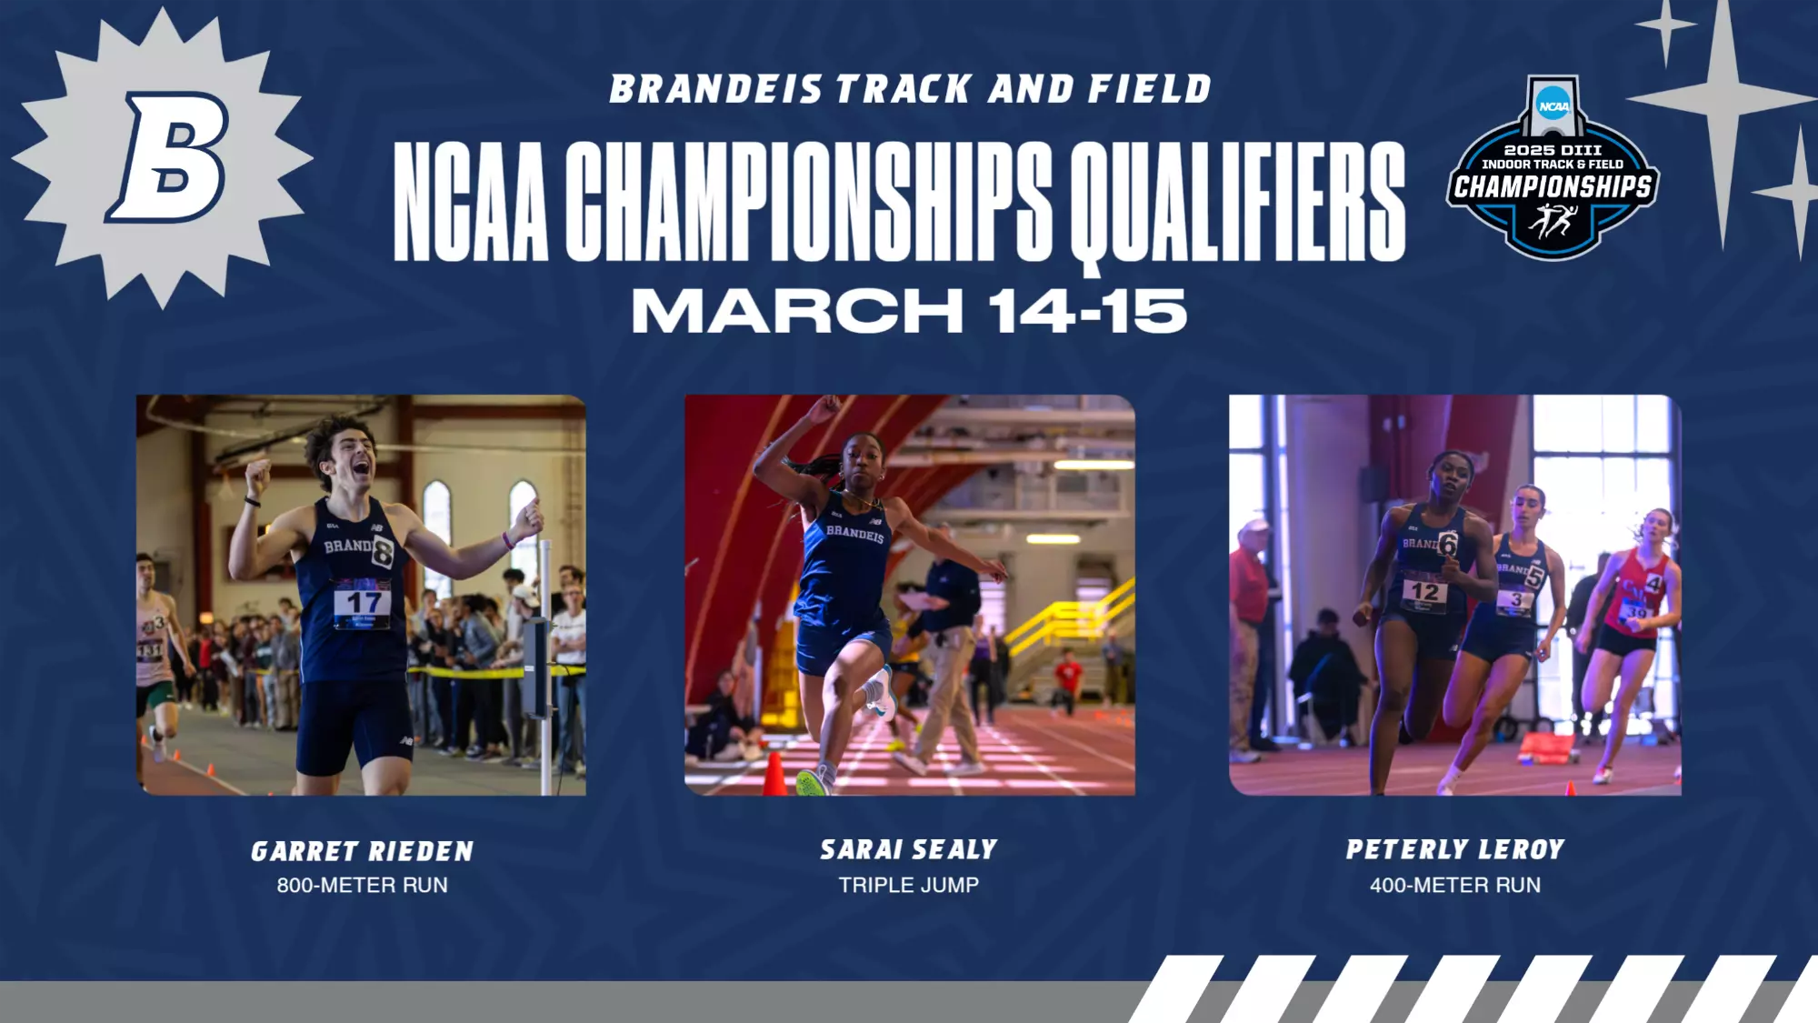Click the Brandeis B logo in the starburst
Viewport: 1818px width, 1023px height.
[x=168, y=157]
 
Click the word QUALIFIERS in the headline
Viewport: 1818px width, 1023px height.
[x=1238, y=202]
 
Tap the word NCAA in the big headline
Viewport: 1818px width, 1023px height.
[x=471, y=202]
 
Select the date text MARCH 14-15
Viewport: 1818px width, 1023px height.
[x=909, y=311]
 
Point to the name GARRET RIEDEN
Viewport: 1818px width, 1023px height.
[x=362, y=852]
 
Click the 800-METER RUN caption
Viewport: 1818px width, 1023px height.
[x=362, y=885]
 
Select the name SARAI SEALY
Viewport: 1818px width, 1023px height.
[x=909, y=850]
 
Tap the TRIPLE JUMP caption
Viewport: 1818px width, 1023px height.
[x=909, y=885]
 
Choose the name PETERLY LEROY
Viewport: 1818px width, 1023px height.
[x=1454, y=850]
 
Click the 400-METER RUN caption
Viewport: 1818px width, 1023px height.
[x=1454, y=885]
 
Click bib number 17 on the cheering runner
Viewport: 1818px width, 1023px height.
[x=363, y=602]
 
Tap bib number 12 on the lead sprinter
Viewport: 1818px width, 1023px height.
[x=1423, y=592]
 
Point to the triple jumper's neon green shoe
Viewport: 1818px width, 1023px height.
[x=812, y=782]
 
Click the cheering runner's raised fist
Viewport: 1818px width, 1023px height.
[x=257, y=475]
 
